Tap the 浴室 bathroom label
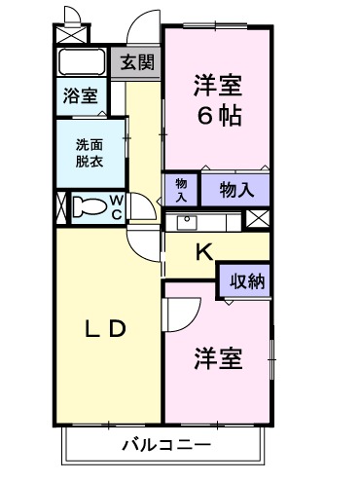pyautogui.click(x=81, y=95)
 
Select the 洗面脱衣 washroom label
pyautogui.click(x=90, y=153)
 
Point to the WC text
pyautogui.click(x=116, y=206)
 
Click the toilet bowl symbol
pyautogui.click(x=90, y=207)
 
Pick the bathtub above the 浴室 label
pyautogui.click(x=82, y=61)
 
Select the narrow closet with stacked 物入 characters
pyautogui.click(x=181, y=187)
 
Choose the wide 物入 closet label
pyautogui.click(x=235, y=189)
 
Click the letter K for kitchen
pyautogui.click(x=203, y=252)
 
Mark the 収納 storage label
pyautogui.click(x=244, y=281)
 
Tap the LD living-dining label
pyautogui.click(x=101, y=329)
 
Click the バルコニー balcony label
pyautogui.click(x=165, y=444)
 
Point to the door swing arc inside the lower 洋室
pyautogui.click(x=181, y=314)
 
